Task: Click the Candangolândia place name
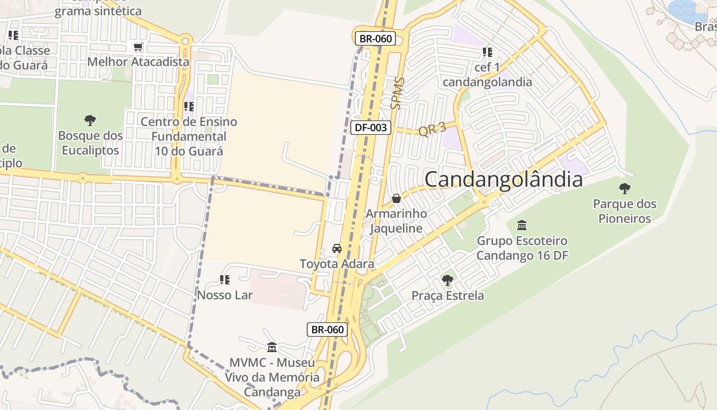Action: pos(503,179)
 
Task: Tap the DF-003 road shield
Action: pos(371,128)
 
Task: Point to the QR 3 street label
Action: pos(432,129)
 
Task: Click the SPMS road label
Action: pos(397,94)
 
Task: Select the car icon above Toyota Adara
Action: pos(337,249)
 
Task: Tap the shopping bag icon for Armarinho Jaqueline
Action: pos(396,198)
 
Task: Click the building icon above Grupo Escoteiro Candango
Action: pos(522,225)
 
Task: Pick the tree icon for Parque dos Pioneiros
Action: pos(624,189)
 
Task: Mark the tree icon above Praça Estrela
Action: pos(448,280)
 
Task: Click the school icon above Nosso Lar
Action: pos(224,280)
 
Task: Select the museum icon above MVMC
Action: pos(272,347)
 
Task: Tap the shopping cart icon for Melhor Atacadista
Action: pos(138,47)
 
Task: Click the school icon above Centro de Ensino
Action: pos(188,107)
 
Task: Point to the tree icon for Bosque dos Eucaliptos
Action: pos(90,120)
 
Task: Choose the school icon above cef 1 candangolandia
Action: pos(487,52)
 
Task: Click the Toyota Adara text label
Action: pos(337,264)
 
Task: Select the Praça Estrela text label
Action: pos(448,296)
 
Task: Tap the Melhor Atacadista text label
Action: pos(138,62)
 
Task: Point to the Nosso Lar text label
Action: pos(225,295)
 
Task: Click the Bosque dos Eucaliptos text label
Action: pos(90,143)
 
